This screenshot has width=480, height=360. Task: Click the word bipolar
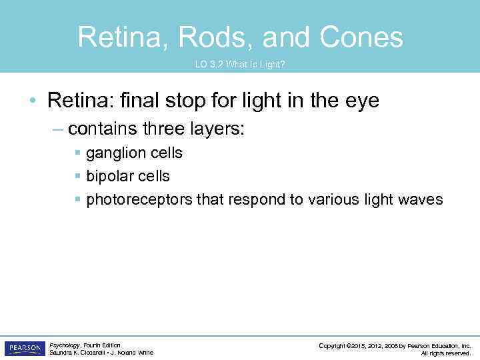(x=109, y=177)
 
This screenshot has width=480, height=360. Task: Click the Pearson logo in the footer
(x=24, y=349)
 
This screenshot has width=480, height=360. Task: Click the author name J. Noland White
(x=132, y=353)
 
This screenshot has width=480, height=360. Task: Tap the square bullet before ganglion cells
(x=78, y=153)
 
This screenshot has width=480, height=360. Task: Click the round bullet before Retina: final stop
(x=33, y=101)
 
